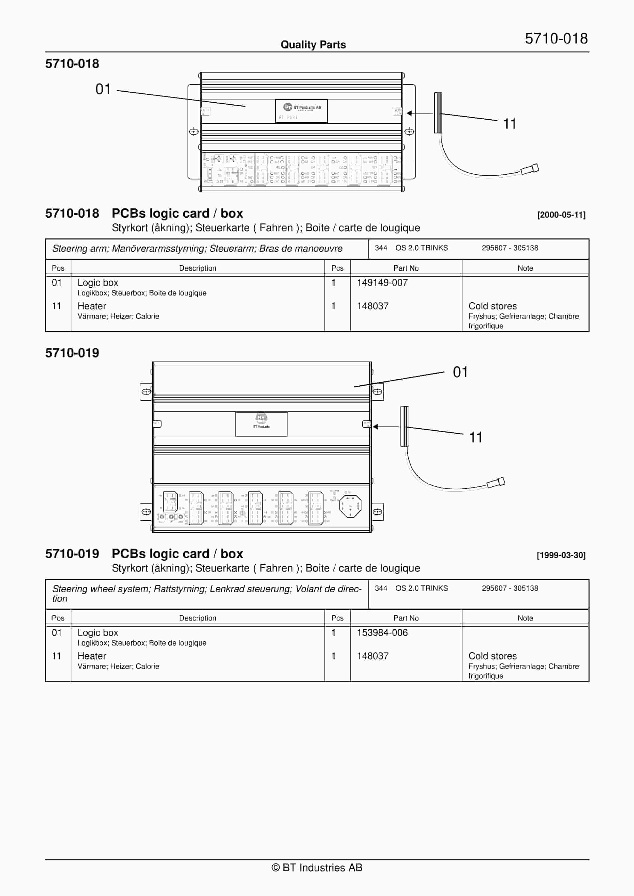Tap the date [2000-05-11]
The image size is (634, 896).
[561, 215]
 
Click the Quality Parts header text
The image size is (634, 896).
[313, 44]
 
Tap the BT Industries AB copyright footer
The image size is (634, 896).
[317, 868]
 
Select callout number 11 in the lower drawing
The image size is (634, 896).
[475, 437]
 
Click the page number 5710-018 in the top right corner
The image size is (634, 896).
[556, 38]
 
